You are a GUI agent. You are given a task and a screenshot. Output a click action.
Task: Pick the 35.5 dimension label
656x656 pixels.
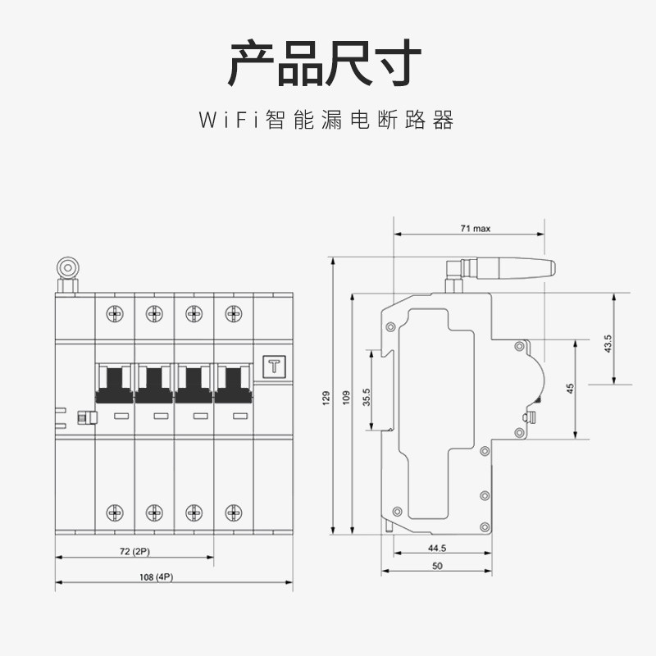click(368, 397)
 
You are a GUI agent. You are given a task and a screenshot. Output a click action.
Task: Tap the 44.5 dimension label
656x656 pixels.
click(436, 548)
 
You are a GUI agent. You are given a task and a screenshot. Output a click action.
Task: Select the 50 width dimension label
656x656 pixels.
click(436, 567)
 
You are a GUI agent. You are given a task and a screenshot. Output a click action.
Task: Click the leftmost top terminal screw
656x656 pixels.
click(114, 312)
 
